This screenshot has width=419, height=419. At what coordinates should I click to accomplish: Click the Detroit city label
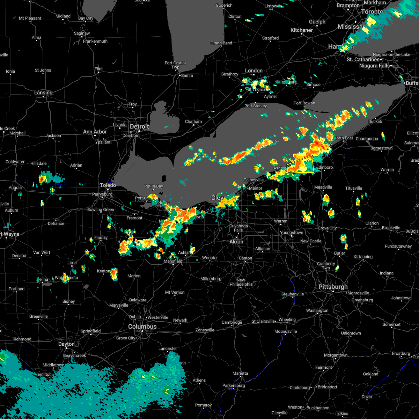tap(139, 126)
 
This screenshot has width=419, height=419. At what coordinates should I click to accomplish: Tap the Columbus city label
tap(142, 326)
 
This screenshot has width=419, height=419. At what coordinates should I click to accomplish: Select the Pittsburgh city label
tap(333, 287)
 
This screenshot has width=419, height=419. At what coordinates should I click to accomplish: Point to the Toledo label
tap(108, 185)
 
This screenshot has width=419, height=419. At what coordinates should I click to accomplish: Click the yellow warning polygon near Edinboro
tap(300, 165)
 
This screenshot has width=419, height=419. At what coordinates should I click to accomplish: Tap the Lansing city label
tap(43, 93)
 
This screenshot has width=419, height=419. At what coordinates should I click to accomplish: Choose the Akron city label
tap(236, 242)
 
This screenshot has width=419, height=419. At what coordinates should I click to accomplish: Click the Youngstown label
tap(292, 233)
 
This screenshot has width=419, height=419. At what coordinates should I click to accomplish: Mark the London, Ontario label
tap(254, 71)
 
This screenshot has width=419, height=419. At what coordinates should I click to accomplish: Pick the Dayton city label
tap(66, 344)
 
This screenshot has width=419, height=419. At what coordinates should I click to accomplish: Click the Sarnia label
tap(187, 75)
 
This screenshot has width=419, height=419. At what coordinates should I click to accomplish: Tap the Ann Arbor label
tap(95, 132)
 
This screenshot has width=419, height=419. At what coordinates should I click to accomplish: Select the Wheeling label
tap(287, 320)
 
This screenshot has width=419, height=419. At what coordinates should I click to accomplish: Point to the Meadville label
tap(323, 188)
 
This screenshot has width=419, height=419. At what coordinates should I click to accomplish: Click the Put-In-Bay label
tap(154, 186)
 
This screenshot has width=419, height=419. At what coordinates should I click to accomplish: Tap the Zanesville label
tap(205, 330)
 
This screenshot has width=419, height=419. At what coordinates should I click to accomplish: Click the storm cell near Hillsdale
tap(42, 179)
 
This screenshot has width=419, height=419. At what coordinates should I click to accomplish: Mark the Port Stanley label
tap(256, 106)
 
